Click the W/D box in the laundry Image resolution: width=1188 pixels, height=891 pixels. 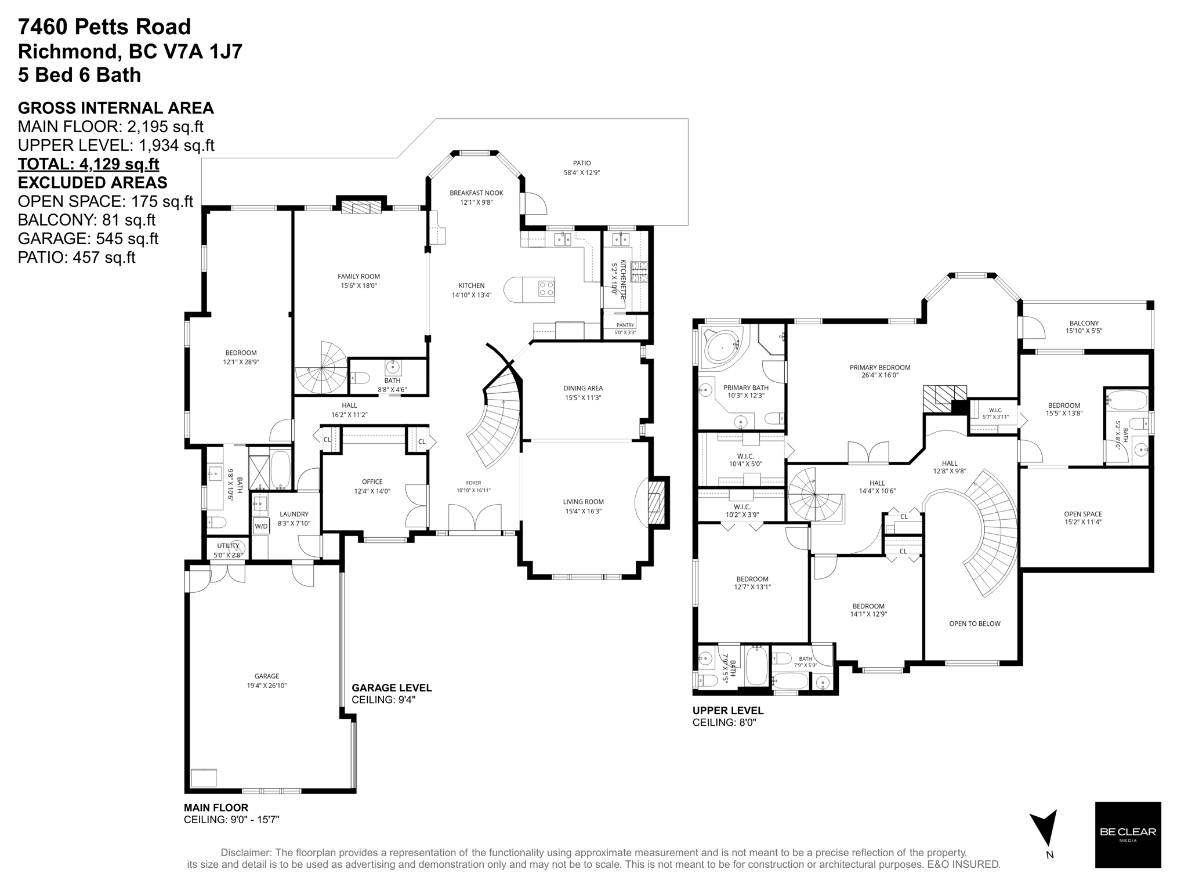pyautogui.click(x=261, y=526)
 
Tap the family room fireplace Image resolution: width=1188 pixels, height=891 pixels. pyautogui.click(x=360, y=207)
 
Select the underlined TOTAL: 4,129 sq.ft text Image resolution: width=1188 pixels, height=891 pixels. pyautogui.click(x=88, y=164)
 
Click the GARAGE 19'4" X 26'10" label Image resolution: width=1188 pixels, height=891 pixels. pyautogui.click(x=267, y=680)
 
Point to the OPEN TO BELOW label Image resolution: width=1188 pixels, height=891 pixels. pyautogui.click(x=975, y=624)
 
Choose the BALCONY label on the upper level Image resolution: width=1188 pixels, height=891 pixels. pyautogui.click(x=1084, y=323)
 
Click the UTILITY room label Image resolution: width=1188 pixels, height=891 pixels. pyautogui.click(x=228, y=545)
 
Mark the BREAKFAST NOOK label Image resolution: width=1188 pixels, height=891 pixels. pyautogui.click(x=476, y=193)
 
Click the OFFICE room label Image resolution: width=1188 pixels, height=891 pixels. pyautogui.click(x=372, y=481)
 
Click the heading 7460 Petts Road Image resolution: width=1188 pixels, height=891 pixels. pyautogui.click(x=104, y=27)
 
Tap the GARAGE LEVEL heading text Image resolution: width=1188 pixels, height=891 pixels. pyautogui.click(x=392, y=688)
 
